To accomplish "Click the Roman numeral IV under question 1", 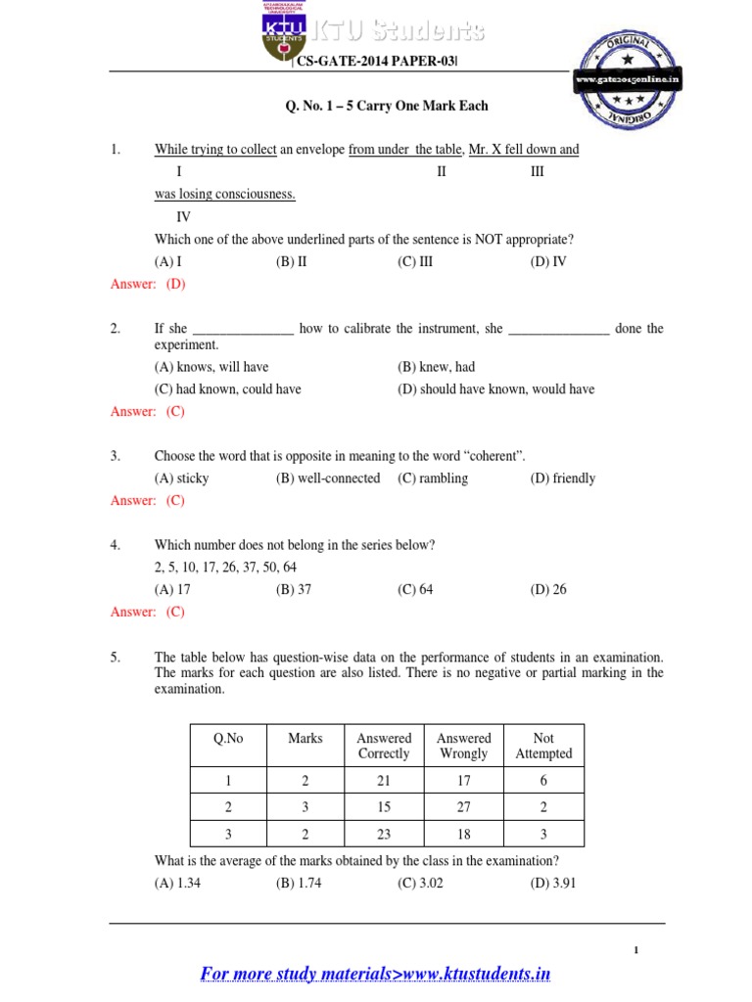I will point(183,217).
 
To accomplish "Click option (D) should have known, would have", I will point(495,389).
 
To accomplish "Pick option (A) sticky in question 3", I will point(181,478).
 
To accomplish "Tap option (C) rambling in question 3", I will point(433,478).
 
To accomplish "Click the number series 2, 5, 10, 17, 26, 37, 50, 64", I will point(225,568).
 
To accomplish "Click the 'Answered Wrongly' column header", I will point(463,747).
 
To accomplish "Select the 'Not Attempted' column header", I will point(543,747).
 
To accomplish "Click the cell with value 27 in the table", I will point(463,807).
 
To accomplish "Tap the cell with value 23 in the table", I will point(384,835).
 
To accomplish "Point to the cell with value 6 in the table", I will point(543,781).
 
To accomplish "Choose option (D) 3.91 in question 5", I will point(549,884).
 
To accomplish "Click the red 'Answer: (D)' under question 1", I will point(148,284).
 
